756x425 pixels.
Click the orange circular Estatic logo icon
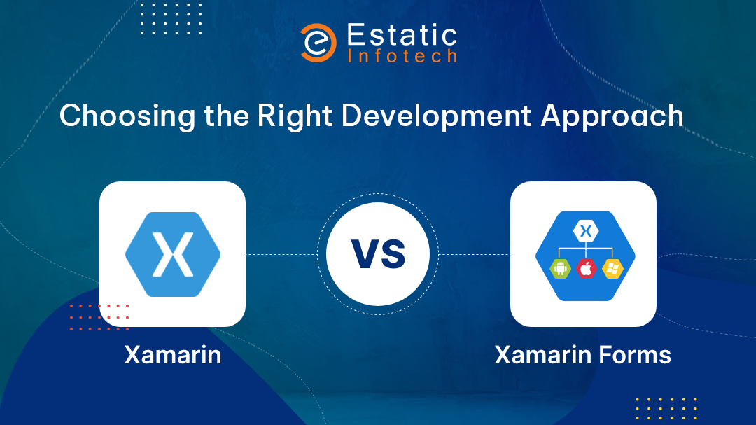(318, 43)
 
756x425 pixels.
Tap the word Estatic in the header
(402, 35)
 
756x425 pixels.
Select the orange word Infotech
(402, 56)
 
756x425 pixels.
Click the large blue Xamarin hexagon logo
(173, 254)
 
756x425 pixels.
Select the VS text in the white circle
(378, 254)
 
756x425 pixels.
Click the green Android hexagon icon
(560, 269)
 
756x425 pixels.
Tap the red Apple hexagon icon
(586, 269)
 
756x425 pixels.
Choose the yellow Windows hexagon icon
(612, 269)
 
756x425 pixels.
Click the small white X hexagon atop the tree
(586, 231)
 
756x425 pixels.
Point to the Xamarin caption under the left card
(173, 355)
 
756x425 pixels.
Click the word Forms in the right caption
(635, 355)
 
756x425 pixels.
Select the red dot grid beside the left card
(99, 317)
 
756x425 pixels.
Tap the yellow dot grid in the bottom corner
(666, 409)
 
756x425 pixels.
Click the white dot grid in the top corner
(171, 19)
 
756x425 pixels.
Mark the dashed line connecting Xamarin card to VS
(281, 254)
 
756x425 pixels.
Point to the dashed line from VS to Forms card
(475, 254)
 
